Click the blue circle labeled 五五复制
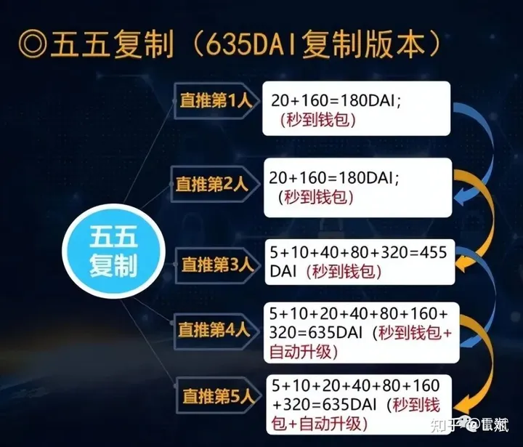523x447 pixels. (113, 251)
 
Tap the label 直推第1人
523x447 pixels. (216, 100)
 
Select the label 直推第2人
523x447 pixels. (212, 184)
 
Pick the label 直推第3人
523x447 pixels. (217, 265)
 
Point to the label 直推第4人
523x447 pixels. (214, 330)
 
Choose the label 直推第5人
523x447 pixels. (219, 396)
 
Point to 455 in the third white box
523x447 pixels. (432, 253)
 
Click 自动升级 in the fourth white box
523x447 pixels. (299, 352)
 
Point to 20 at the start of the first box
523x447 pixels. (279, 100)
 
